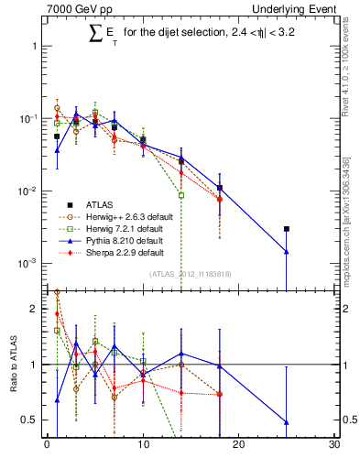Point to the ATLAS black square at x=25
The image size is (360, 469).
287,229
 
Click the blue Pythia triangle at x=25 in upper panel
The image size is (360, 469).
287,251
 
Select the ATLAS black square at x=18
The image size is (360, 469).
220,188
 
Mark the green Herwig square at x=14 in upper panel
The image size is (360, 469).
181,195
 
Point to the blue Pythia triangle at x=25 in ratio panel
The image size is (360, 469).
287,422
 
